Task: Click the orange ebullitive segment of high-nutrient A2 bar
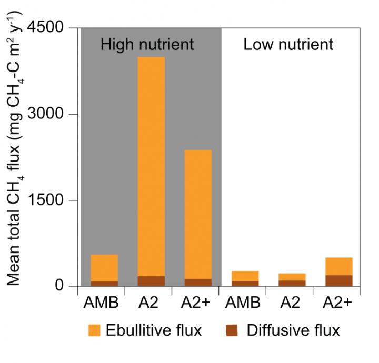(x=151, y=166)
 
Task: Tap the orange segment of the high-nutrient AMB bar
(x=104, y=267)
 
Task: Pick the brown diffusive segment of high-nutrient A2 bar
(x=151, y=281)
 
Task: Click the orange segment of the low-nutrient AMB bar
(x=245, y=276)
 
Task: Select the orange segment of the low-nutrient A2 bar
(x=292, y=277)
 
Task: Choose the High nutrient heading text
(x=147, y=44)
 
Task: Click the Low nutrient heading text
(x=288, y=44)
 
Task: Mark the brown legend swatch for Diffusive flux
(x=232, y=330)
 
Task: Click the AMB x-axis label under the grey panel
(x=104, y=304)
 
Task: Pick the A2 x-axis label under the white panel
(x=292, y=304)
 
